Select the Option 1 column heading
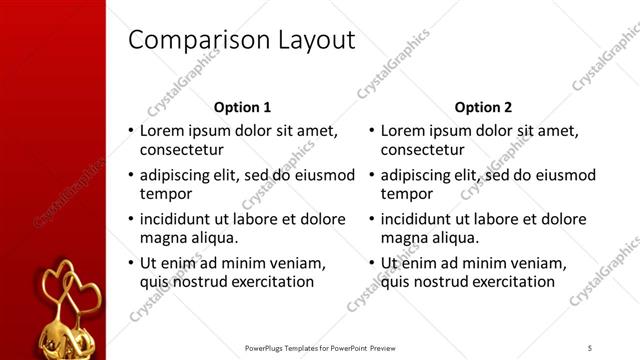(242, 107)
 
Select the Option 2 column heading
(483, 107)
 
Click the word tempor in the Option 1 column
(164, 194)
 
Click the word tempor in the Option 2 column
(405, 194)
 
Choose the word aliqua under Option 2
(455, 238)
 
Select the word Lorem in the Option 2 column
(404, 131)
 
